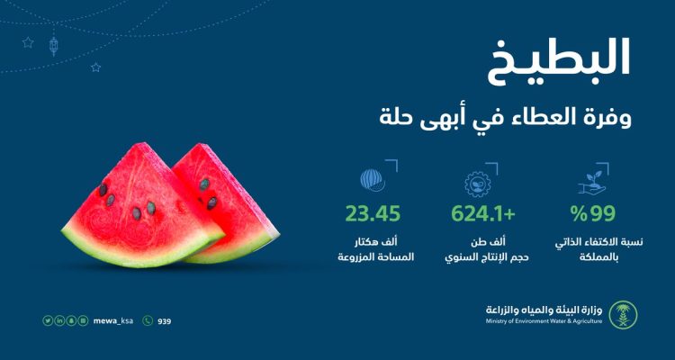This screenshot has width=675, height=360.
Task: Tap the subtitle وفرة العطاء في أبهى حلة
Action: tap(506, 118)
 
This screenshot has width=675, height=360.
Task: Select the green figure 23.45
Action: tap(373, 214)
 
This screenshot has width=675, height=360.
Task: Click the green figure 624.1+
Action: tap(483, 214)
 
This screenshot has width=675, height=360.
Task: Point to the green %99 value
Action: tap(594, 214)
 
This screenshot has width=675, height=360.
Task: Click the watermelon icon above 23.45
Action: tap(373, 180)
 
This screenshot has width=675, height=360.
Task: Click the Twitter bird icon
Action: tap(47, 320)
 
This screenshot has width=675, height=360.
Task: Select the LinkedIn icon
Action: tap(59, 320)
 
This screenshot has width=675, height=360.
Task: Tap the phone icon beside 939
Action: tap(148, 320)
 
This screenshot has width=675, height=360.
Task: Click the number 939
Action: tap(165, 321)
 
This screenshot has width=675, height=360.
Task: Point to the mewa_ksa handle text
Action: tap(113, 320)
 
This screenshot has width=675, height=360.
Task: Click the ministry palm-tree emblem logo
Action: tap(623, 315)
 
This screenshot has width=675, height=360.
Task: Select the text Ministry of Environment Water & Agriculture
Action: tap(544, 321)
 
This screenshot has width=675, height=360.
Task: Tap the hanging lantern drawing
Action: tap(53, 46)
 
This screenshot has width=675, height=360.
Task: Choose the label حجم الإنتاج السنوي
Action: tap(486, 257)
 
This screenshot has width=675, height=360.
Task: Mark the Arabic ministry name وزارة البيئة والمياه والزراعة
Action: tap(544, 310)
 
